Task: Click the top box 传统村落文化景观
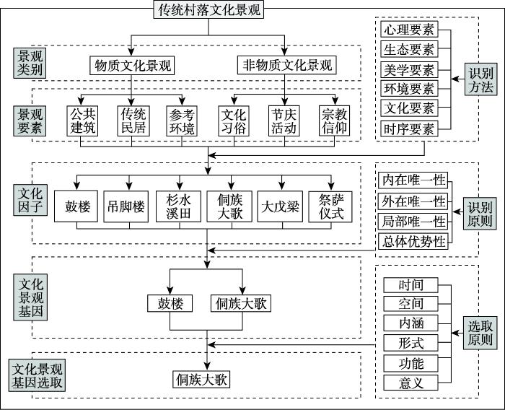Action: tap(208, 9)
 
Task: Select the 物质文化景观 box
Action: tap(132, 66)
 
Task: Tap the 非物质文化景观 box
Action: tap(287, 65)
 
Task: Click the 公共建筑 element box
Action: tap(82, 121)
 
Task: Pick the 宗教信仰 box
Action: tap(334, 121)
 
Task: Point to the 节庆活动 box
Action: tap(284, 121)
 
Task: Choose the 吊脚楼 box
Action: tap(126, 206)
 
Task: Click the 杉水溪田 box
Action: tap(178, 206)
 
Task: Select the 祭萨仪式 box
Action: tap(330, 206)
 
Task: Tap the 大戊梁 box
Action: tap(280, 206)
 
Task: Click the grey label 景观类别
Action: tap(30, 63)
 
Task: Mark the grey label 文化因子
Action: tap(30, 200)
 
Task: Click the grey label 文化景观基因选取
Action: tap(37, 375)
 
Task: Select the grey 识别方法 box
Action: tap(480, 79)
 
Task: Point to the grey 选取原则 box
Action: tap(480, 333)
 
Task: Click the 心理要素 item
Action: tap(409, 30)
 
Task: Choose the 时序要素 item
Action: tap(409, 129)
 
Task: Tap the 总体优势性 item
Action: tap(413, 241)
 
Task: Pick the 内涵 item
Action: tap(410, 323)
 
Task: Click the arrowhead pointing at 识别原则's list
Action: tap(456, 211)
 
